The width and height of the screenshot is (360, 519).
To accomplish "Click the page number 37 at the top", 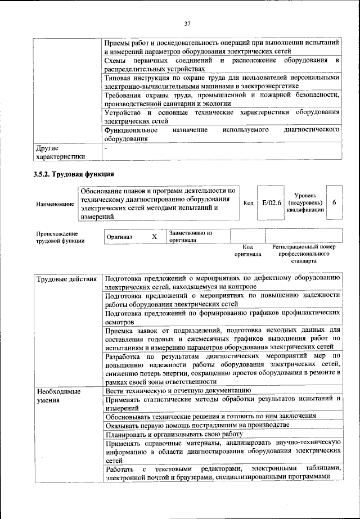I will click(x=187, y=23).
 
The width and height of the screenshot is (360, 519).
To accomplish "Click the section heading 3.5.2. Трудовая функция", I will click(x=74, y=174).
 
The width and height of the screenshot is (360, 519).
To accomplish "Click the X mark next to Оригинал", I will click(x=154, y=237).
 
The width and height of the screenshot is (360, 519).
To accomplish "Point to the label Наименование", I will click(x=55, y=204).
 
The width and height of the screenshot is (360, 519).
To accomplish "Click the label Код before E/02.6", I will click(x=247, y=203).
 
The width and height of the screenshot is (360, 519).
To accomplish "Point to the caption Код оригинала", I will click(x=247, y=251).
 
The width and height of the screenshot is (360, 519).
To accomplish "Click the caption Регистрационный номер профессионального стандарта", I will click(x=304, y=254).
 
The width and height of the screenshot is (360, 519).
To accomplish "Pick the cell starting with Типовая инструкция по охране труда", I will click(x=222, y=82).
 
